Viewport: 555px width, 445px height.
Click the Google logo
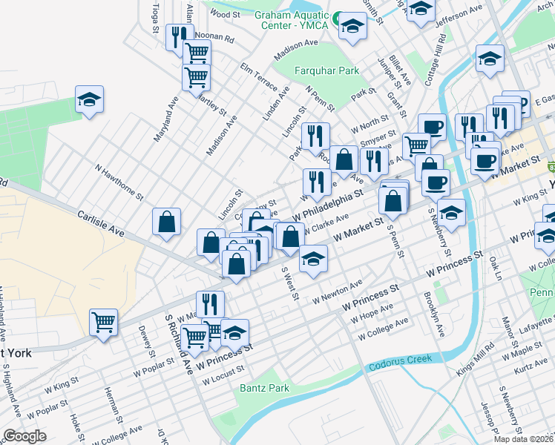click(25, 436)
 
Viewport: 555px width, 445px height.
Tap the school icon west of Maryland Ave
click(89, 99)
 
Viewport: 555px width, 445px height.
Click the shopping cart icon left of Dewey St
click(104, 322)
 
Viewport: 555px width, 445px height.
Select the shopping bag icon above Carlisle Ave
click(167, 222)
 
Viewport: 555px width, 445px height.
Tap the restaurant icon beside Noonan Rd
click(179, 37)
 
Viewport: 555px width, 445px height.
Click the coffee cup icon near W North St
click(432, 128)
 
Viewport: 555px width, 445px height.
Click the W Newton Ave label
click(337, 293)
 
